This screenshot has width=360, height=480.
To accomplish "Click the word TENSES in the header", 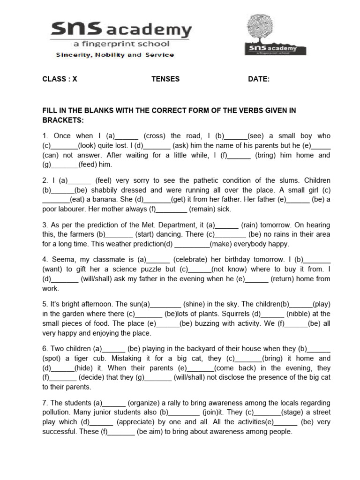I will [x=165, y=79].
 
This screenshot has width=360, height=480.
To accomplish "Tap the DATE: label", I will [x=259, y=79].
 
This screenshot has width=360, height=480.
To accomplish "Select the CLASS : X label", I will [x=60, y=79].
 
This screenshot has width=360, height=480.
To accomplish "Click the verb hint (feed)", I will [x=89, y=165].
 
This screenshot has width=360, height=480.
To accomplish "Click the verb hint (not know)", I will [x=229, y=269].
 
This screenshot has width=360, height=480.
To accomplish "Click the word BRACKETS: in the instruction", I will [x=62, y=120].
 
